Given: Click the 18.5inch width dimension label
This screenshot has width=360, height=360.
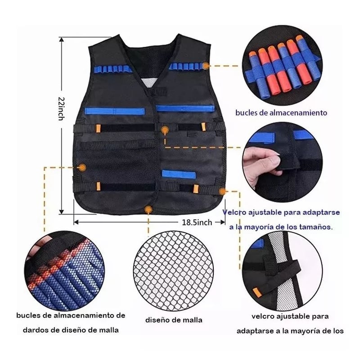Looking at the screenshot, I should [x=197, y=222].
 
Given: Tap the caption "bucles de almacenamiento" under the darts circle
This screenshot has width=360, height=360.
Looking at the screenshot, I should [x=281, y=112].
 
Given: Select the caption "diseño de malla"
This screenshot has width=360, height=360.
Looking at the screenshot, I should [x=173, y=320].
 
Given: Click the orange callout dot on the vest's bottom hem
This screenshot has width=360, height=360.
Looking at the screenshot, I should [x=148, y=209].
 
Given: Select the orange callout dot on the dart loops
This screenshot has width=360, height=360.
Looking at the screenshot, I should [x=206, y=65].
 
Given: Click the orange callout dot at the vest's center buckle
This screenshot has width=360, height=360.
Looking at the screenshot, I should [x=165, y=131].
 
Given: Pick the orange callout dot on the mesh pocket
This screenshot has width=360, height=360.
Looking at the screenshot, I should [x=82, y=167].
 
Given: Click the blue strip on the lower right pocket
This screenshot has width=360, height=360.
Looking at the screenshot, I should [x=178, y=173].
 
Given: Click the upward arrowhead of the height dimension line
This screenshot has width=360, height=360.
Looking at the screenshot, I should [x=61, y=40].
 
